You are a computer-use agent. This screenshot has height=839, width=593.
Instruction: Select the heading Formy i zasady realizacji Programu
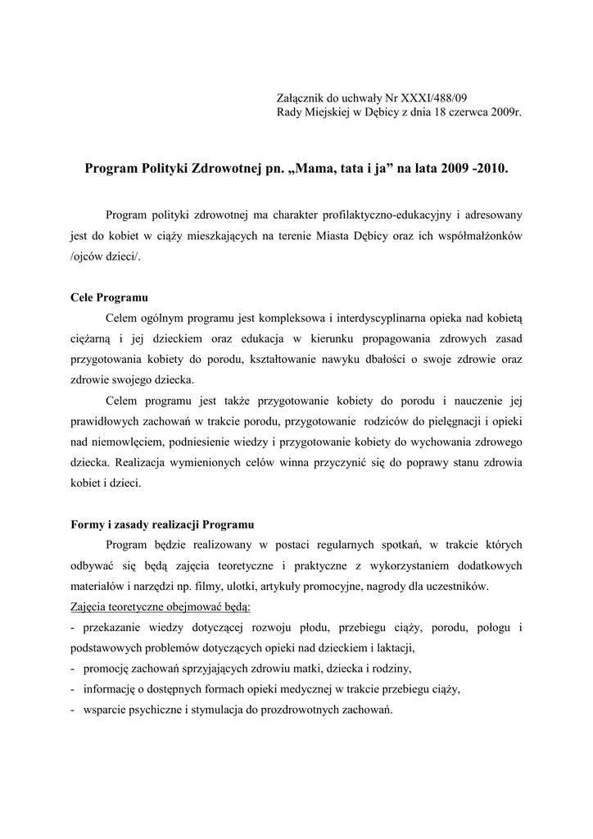(x=162, y=524)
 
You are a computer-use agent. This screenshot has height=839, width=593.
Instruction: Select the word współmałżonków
(x=478, y=236)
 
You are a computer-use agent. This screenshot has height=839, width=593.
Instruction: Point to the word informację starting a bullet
(x=111, y=689)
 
